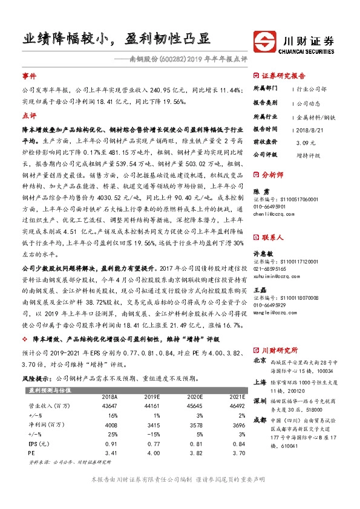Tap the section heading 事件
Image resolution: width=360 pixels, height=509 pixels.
coord(29,77)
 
